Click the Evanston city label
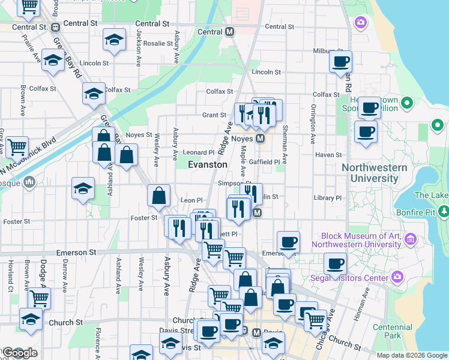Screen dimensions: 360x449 click(x=208, y=164)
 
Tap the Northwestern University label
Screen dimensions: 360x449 click(x=375, y=173)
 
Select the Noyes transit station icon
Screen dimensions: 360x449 click(x=261, y=139)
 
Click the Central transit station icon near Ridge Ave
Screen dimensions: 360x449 click(x=229, y=32)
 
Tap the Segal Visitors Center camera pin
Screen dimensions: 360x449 click(x=397, y=277)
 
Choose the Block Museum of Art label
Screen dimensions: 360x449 click(x=361, y=240)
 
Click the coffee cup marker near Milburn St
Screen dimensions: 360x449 click(x=340, y=61)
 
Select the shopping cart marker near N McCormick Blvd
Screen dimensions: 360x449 click(x=17, y=145)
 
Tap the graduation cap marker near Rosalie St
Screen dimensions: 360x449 click(x=114, y=40)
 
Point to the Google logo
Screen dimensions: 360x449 click(x=20, y=353)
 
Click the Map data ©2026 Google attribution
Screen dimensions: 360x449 click(x=412, y=355)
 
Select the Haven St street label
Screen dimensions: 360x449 click(x=328, y=155)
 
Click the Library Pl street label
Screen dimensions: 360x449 click(x=327, y=197)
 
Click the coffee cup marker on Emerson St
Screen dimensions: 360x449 click(x=288, y=242)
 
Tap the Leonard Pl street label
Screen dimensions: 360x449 click(x=199, y=152)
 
